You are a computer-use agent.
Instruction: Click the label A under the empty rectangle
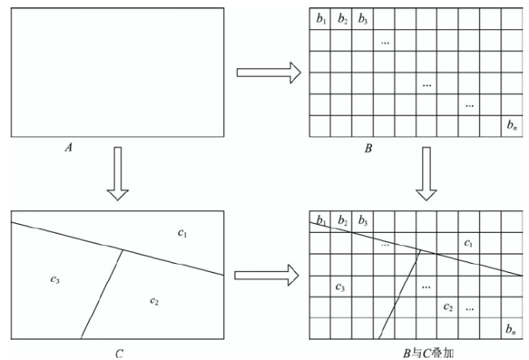coord(69,147)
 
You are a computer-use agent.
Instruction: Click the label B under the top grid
coord(369,148)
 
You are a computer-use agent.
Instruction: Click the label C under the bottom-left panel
coord(120,353)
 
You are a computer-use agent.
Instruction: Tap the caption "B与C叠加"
coord(428,353)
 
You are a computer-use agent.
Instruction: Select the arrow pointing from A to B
coord(269,72)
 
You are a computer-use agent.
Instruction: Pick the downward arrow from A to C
coord(118,173)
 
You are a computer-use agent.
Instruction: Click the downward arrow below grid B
coord(426,173)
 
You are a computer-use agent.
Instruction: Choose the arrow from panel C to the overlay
coord(266,275)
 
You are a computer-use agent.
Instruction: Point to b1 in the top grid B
coord(321,19)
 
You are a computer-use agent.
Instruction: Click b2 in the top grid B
coord(343,19)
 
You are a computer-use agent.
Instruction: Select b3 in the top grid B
coord(363,19)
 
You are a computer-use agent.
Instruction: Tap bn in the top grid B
coord(512,125)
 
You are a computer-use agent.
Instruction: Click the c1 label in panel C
coord(182,233)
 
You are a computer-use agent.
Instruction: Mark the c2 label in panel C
coord(154,301)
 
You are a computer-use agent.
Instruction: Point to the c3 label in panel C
coord(55,279)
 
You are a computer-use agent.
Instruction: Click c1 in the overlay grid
coord(468,243)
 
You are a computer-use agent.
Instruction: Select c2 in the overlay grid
coord(448,307)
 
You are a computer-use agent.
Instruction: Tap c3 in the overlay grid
coord(340,288)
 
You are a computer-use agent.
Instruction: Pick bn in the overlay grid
coord(511,329)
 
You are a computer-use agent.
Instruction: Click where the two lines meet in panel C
coord(123,250)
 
